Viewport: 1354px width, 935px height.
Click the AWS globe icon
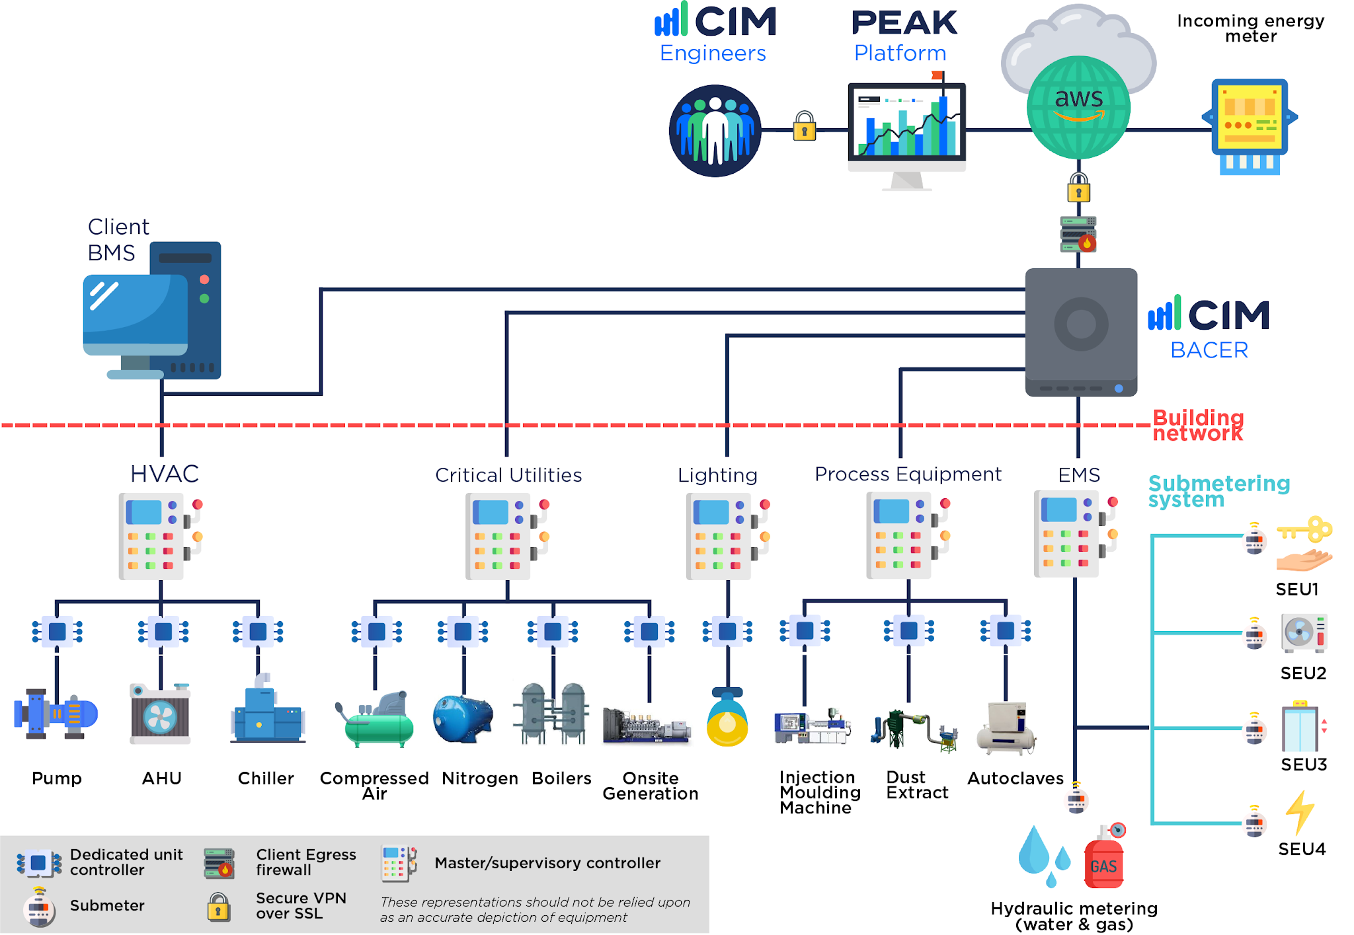coord(1078,108)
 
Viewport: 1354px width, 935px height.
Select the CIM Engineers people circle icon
coord(715,130)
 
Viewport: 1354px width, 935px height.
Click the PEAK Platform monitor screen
coord(906,122)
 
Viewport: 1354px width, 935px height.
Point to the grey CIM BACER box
coord(1081,330)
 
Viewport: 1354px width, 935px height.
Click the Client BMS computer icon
coord(152,311)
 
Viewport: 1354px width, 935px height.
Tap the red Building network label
coord(1197,426)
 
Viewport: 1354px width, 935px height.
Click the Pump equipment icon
coord(56,714)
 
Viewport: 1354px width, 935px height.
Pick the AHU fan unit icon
coord(161,715)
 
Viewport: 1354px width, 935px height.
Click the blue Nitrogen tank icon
coord(462,719)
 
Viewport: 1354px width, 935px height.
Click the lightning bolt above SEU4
coord(1300,812)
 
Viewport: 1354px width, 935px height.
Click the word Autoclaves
coord(1015,778)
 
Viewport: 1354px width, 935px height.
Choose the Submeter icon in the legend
coord(39,907)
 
